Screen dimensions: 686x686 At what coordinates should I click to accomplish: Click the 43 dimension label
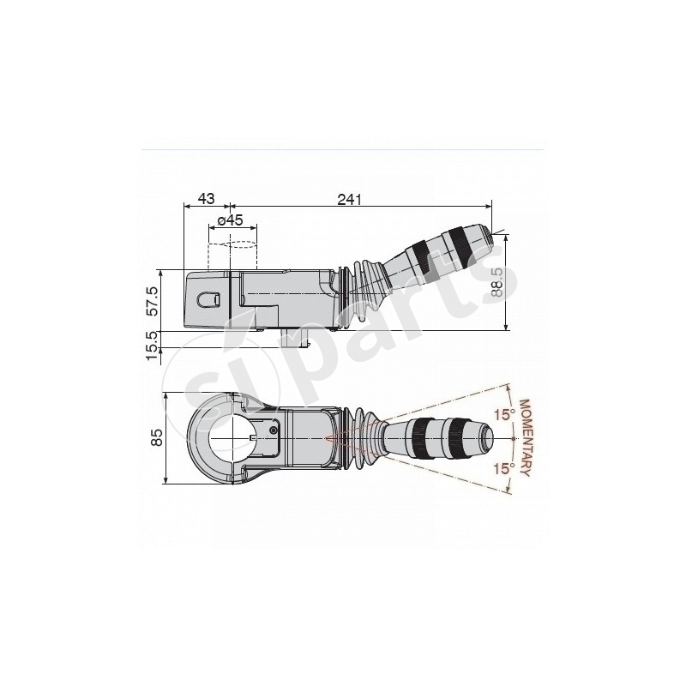(206, 198)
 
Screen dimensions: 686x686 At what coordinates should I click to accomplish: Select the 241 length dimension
(348, 199)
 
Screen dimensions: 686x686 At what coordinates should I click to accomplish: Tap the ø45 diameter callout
(231, 220)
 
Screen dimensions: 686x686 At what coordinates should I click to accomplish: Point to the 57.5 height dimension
(153, 301)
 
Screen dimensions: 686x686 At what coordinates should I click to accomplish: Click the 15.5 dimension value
(153, 346)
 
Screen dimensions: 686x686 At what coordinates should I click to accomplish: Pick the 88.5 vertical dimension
(497, 280)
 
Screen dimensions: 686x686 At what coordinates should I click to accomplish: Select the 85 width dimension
(156, 437)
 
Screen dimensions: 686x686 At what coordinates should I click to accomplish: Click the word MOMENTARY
(527, 437)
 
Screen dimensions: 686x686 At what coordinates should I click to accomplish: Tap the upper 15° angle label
(506, 415)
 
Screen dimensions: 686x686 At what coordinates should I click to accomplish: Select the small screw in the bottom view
(273, 430)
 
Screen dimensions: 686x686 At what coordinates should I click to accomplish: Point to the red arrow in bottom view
(334, 438)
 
